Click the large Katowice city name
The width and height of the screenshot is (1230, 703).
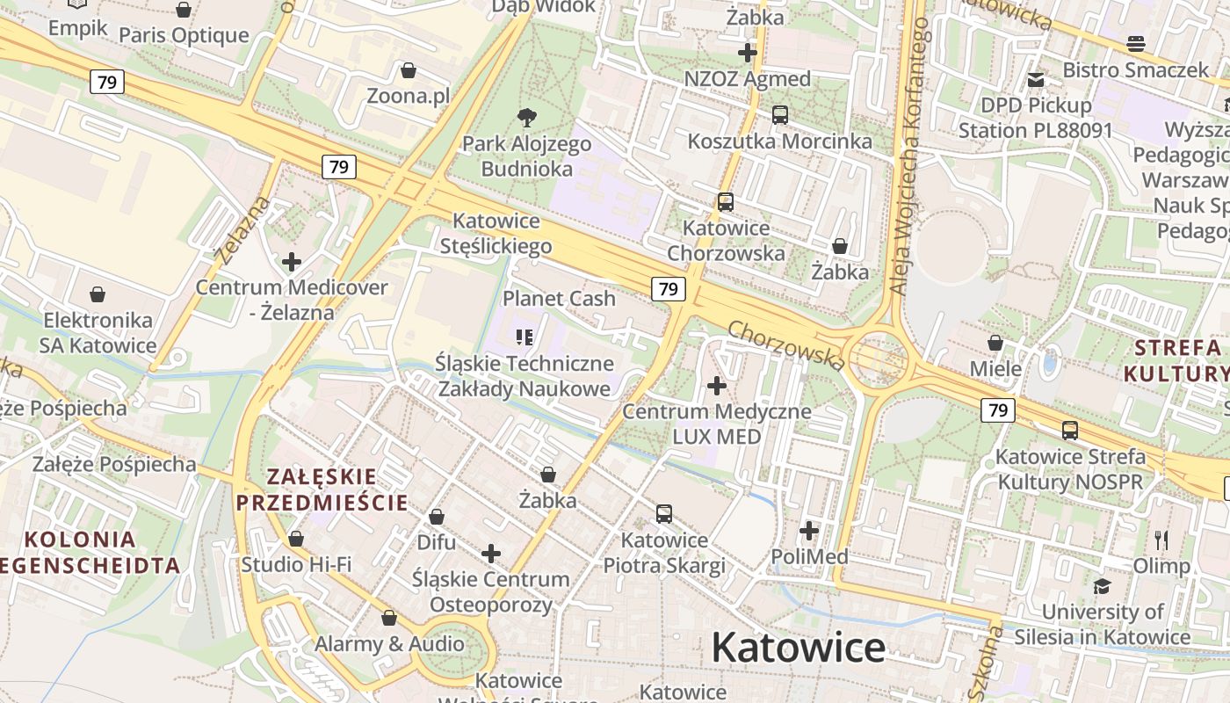pyautogui.click(x=798, y=648)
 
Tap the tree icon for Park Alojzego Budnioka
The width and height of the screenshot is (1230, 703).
pyautogui.click(x=527, y=117)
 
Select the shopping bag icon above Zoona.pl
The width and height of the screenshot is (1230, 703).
pyautogui.click(x=408, y=70)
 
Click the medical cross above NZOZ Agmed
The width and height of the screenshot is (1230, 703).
pyautogui.click(x=748, y=53)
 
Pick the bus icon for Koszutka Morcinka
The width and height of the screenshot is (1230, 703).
pyautogui.click(x=779, y=114)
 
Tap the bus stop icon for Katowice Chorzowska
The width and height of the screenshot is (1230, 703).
pyautogui.click(x=726, y=201)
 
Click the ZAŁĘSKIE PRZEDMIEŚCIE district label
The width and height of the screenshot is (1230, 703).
pyautogui.click(x=322, y=489)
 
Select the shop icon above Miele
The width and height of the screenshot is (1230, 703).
pyautogui.click(x=995, y=343)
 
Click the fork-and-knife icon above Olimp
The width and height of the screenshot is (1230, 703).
pyautogui.click(x=1161, y=540)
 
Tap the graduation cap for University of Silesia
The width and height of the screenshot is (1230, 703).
pyautogui.click(x=1102, y=586)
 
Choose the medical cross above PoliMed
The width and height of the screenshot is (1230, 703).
pyautogui.click(x=809, y=531)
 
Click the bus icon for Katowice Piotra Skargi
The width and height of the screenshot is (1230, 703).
pyautogui.click(x=664, y=514)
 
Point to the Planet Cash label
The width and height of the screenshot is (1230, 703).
pyautogui.click(x=559, y=299)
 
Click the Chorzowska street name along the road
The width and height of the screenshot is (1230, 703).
pyautogui.click(x=786, y=344)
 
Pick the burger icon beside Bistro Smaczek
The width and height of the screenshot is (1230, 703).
pyautogui.click(x=1136, y=43)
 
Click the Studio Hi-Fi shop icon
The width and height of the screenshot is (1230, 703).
pyautogui.click(x=296, y=538)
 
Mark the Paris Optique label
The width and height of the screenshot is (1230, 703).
pyautogui.click(x=184, y=36)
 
